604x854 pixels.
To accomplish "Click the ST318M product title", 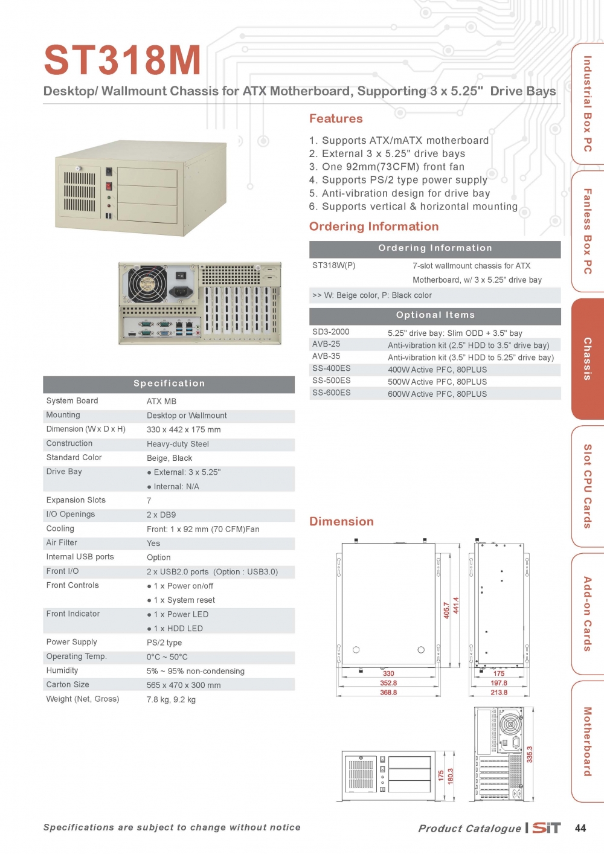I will click(x=123, y=60).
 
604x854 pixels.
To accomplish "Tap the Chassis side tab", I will click(x=587, y=359).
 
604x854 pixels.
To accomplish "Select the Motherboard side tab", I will click(x=587, y=741).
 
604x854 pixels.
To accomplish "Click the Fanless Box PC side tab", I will click(x=587, y=231).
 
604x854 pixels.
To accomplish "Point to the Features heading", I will click(x=336, y=119).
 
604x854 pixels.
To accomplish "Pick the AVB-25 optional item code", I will click(x=326, y=344).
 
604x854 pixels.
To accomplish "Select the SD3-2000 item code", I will click(x=330, y=332).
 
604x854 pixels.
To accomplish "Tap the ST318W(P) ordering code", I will click(x=333, y=266).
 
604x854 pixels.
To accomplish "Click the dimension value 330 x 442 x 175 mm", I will click(x=184, y=430).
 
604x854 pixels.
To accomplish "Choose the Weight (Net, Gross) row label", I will click(x=83, y=699).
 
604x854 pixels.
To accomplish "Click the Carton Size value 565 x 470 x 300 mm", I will click(x=184, y=685).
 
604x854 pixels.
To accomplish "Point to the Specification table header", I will click(x=169, y=384).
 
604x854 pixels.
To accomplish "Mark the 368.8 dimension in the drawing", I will click(x=388, y=693).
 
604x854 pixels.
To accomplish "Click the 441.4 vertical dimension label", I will click(x=456, y=605).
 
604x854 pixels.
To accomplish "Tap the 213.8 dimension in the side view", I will click(x=499, y=693).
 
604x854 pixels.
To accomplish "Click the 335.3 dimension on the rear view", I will click(x=530, y=754).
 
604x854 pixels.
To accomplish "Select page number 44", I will click(x=580, y=828).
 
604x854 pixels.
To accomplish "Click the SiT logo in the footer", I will click(x=547, y=828).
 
